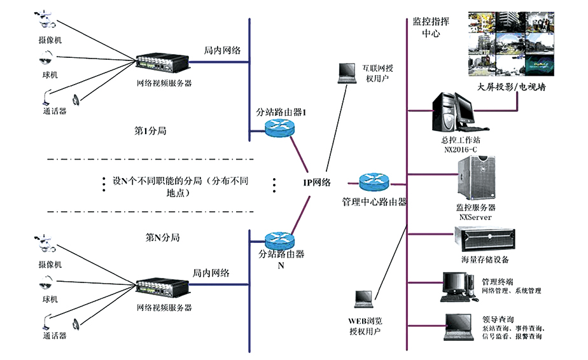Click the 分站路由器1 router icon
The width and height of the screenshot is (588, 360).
[281, 128]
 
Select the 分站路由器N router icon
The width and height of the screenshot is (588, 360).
[281, 240]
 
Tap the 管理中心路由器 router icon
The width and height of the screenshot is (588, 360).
[374, 183]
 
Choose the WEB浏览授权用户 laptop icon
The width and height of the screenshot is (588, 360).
[363, 299]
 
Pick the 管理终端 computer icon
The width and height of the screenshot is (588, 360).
[459, 286]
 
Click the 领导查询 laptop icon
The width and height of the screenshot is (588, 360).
[459, 327]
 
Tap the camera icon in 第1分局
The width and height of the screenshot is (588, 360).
[46, 20]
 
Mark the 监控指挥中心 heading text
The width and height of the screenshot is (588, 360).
[431, 27]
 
